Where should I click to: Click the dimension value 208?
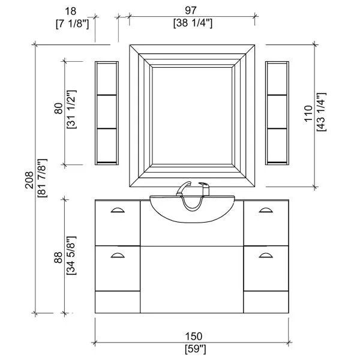pos(29,180)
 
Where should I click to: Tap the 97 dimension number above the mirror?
pos(191,10)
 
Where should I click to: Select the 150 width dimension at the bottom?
pos(194,337)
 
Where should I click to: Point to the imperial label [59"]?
pos(196,349)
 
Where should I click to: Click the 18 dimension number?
pos(70,11)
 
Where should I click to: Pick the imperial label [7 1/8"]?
pos(72,24)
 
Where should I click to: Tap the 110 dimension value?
pos(308,113)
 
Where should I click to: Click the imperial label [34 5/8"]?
pos(71,256)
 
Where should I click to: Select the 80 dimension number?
pos(58,109)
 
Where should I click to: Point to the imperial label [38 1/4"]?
pos(193,23)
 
